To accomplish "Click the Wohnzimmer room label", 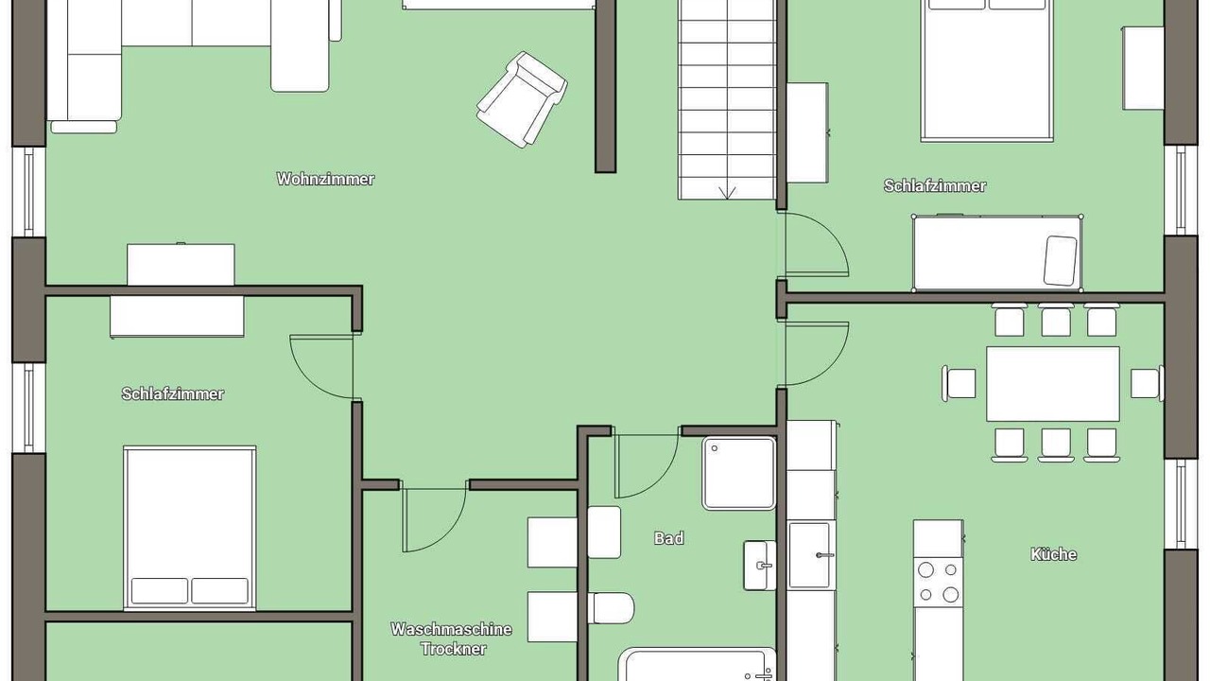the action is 325,179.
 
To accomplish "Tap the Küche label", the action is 1053,554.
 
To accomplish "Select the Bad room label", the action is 668,538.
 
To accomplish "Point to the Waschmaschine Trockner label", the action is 452,638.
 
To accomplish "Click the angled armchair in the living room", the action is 522,99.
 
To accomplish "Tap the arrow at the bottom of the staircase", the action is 727,192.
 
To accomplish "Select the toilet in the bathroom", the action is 611,608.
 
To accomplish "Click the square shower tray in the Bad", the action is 739,474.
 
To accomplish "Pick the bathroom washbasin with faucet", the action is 760,566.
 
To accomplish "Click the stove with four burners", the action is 939,582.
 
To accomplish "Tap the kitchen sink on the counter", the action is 809,555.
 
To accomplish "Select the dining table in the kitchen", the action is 1053,384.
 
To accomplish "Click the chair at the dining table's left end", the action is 959,384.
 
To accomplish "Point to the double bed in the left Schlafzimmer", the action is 190,528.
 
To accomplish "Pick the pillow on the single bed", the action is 1060,260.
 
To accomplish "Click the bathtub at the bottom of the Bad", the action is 698,665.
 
